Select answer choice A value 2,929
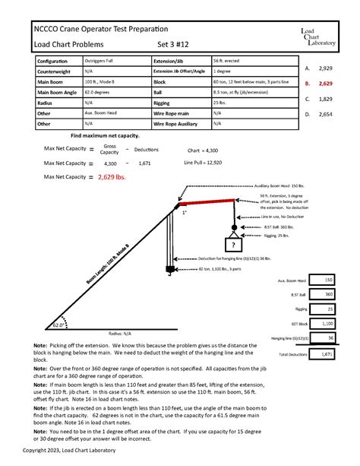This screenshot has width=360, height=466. [x=326, y=68]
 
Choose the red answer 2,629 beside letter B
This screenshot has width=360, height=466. [x=326, y=84]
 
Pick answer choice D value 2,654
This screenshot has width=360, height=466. [x=326, y=114]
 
